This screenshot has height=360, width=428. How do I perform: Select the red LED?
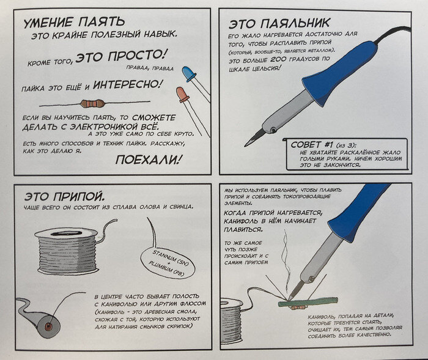(182, 95)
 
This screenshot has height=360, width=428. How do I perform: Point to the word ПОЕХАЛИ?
(149, 160)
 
